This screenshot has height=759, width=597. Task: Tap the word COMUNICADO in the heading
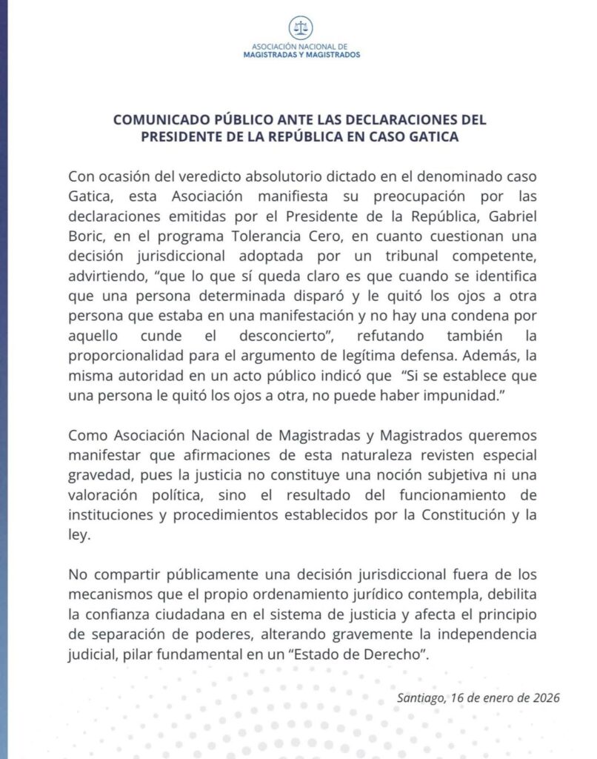tap(154, 119)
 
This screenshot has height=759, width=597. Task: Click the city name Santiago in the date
tap(421, 697)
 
